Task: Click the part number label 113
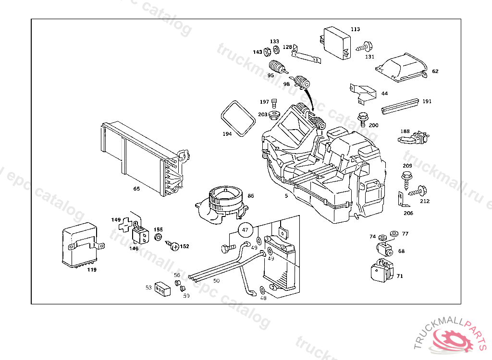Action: click(355, 29)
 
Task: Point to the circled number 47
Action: click(246, 230)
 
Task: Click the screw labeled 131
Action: click(365, 47)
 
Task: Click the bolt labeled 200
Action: click(362, 117)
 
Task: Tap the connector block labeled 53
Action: click(163, 288)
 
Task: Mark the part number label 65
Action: click(137, 189)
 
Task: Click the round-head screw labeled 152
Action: click(174, 246)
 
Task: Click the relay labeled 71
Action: click(381, 270)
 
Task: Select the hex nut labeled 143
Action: click(267, 52)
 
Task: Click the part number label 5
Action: click(286, 196)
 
